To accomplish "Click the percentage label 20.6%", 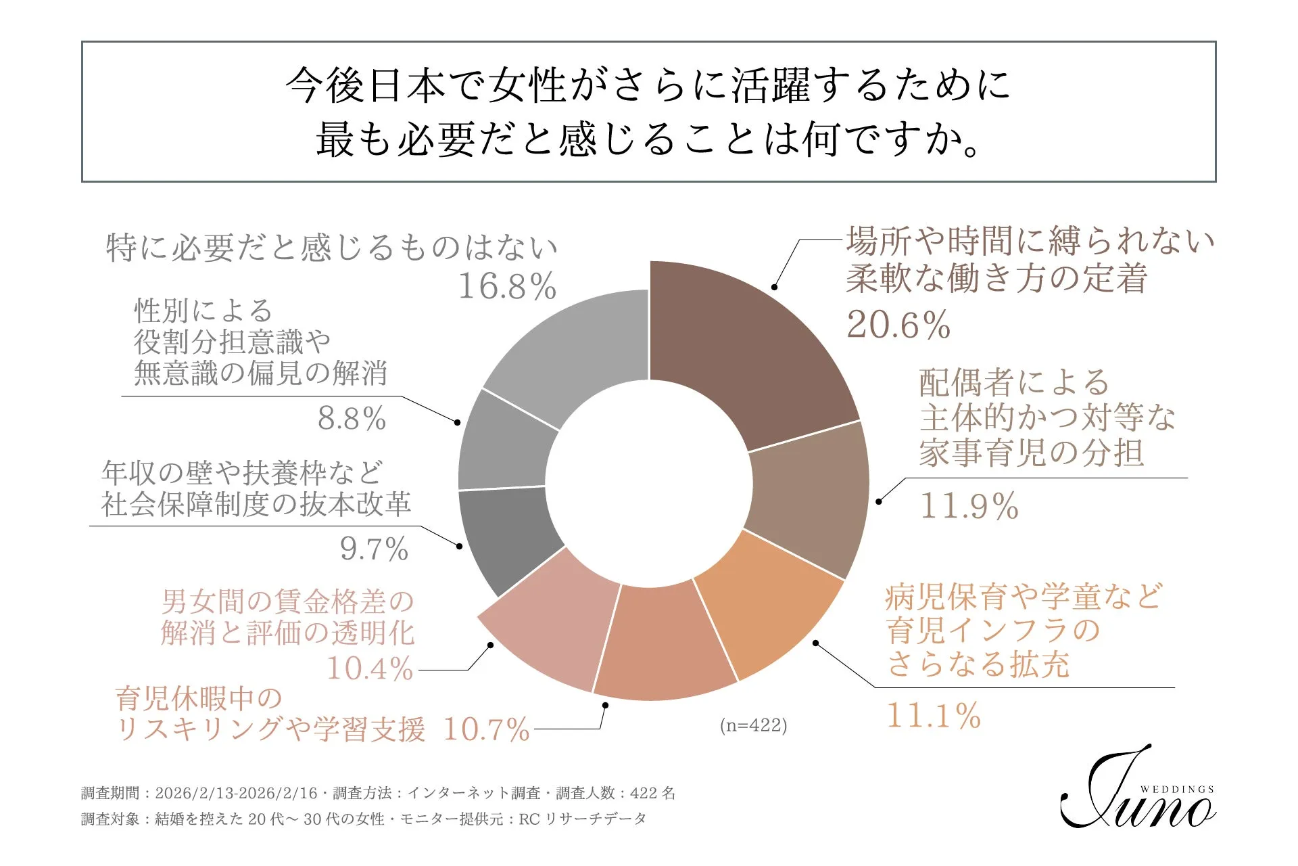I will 898,325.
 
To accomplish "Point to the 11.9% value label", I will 969,505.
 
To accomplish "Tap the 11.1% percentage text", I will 933,715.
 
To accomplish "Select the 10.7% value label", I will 486,729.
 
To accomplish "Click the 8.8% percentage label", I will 352,418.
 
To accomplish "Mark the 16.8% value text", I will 507,286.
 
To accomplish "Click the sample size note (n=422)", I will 753,725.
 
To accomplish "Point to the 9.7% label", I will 374,548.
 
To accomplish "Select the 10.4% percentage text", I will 370,668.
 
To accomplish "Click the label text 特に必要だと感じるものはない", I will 331,248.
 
